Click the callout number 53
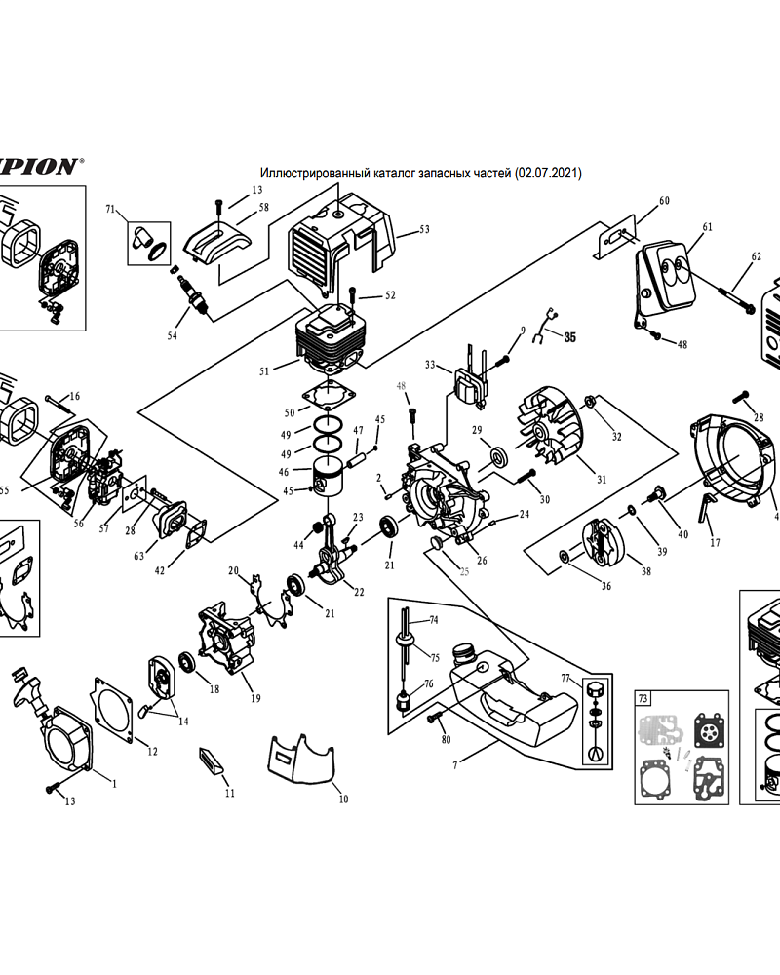[x=424, y=230]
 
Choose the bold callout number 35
[x=571, y=337]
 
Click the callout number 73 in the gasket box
[x=643, y=698]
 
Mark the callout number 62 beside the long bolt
[x=756, y=256]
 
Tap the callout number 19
[x=255, y=698]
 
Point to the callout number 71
[x=111, y=209]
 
